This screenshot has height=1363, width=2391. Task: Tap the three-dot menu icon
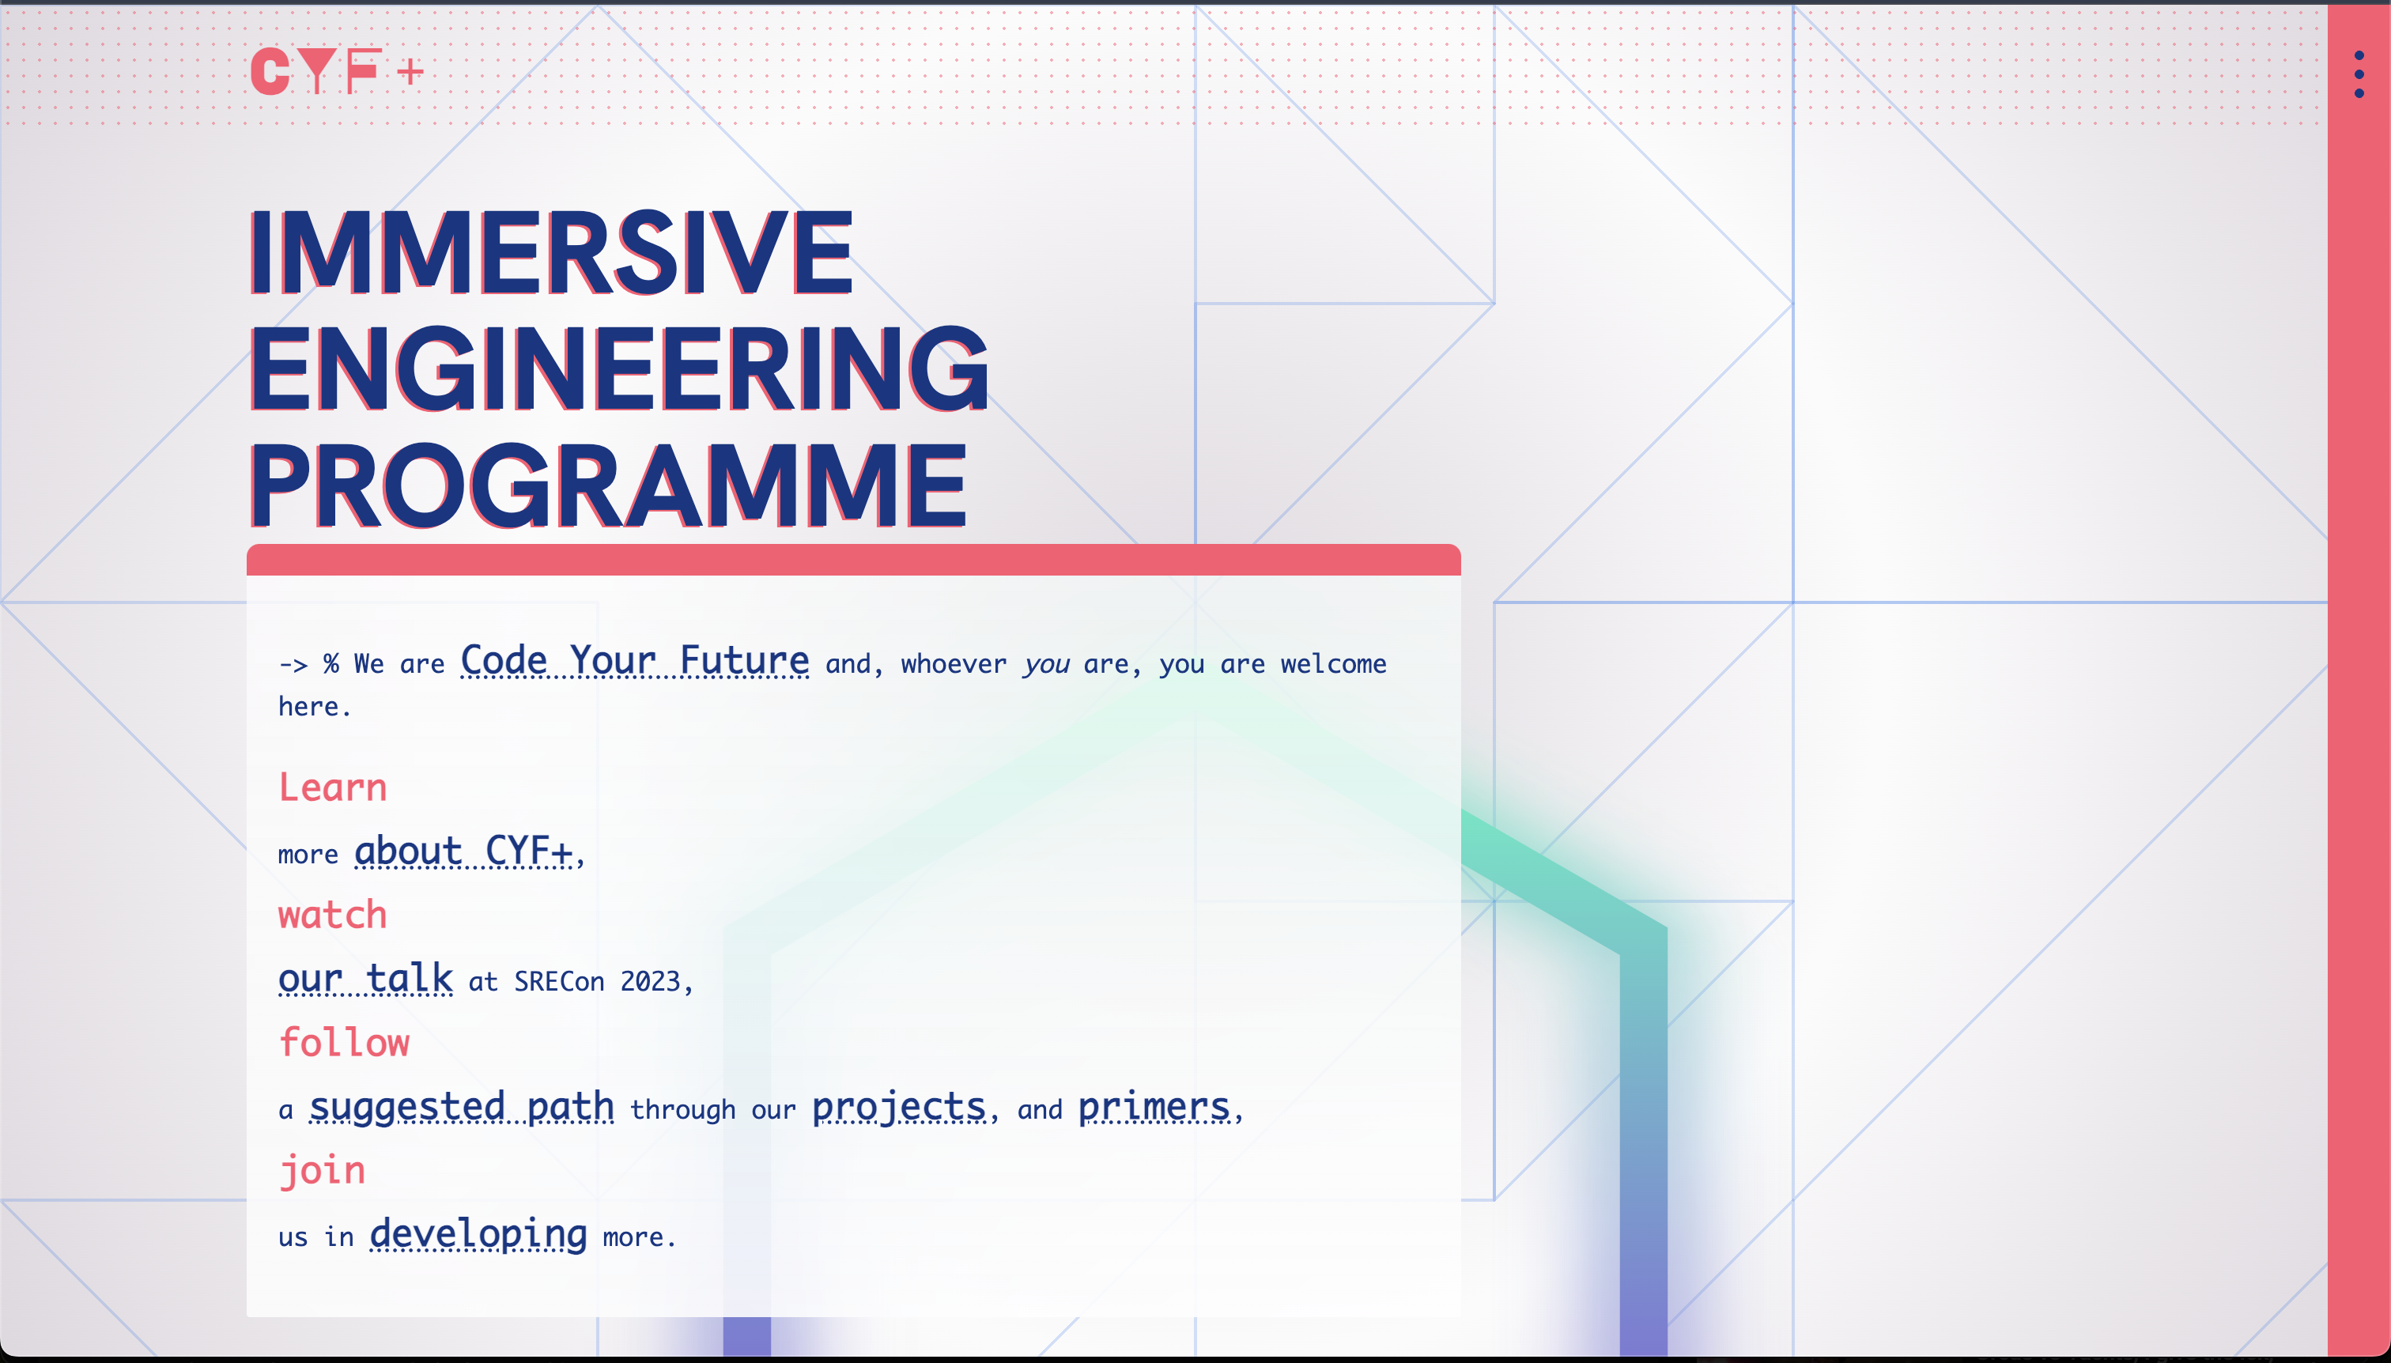click(2359, 74)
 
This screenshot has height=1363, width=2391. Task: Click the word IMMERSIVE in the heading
click(550, 253)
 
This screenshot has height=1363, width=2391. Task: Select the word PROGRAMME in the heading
click(606, 487)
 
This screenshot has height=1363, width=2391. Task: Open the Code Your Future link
click(634, 661)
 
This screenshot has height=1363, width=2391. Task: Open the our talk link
click(365, 980)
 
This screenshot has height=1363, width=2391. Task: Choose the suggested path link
click(462, 1107)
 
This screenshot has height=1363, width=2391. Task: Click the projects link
click(897, 1107)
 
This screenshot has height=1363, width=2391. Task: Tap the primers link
click(1154, 1107)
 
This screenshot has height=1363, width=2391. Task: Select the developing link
click(478, 1235)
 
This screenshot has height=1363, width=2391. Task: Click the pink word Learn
click(332, 787)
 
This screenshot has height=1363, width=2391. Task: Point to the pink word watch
click(332, 915)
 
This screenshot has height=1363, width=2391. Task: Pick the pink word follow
click(344, 1043)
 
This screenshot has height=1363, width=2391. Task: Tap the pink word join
click(322, 1170)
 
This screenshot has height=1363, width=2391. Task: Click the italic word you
click(1046, 665)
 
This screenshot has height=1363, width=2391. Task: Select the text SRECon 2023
click(596, 982)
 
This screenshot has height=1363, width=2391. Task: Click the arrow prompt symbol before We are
click(293, 665)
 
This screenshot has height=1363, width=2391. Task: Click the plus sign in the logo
click(410, 72)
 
